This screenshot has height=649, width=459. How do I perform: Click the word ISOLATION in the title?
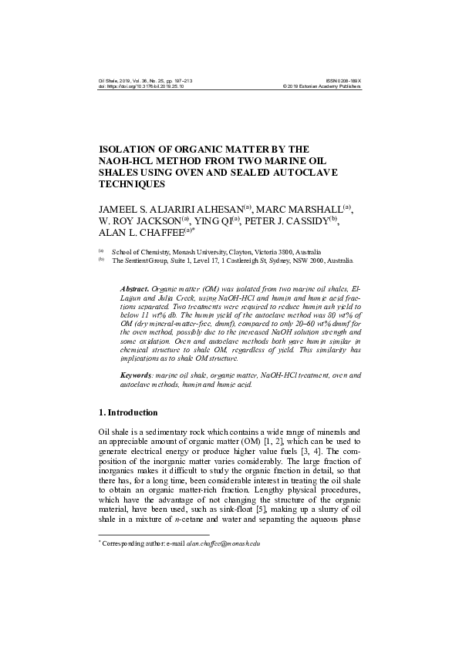click(x=128, y=150)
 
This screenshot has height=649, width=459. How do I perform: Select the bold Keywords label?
click(x=135, y=375)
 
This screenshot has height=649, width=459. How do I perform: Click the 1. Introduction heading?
click(x=128, y=412)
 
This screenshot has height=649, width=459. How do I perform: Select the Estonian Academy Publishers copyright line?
click(x=322, y=86)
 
